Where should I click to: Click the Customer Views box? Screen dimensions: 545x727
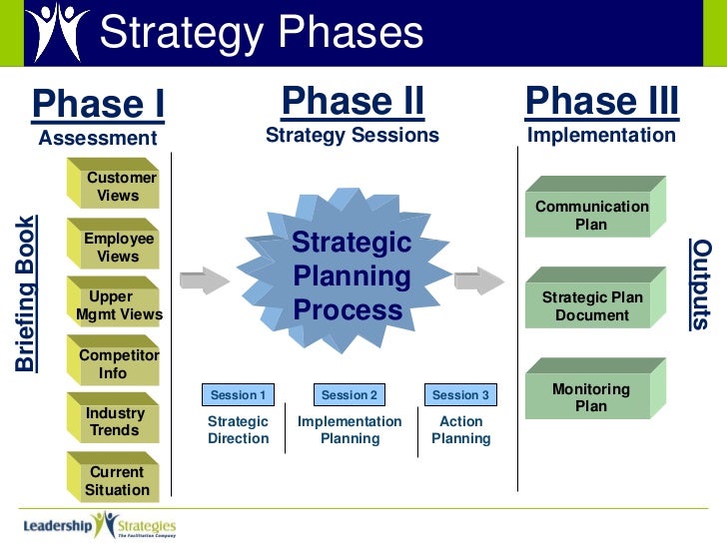click(119, 187)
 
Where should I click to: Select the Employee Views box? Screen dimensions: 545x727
click(119, 248)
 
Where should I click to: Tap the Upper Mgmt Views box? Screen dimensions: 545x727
click(119, 305)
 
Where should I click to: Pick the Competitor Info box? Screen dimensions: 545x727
click(119, 364)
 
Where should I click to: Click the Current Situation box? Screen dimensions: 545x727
click(117, 481)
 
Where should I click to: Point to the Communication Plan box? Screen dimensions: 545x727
click(592, 215)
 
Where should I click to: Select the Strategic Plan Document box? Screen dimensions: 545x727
click(592, 305)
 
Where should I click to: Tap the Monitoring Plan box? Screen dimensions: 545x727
click(591, 396)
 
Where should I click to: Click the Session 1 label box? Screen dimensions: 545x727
click(238, 395)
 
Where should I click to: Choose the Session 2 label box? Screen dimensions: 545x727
click(350, 395)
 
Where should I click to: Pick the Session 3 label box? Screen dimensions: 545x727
click(460, 395)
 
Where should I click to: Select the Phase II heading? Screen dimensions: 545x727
click(353, 102)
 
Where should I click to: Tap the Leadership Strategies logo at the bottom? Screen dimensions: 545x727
click(100, 524)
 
